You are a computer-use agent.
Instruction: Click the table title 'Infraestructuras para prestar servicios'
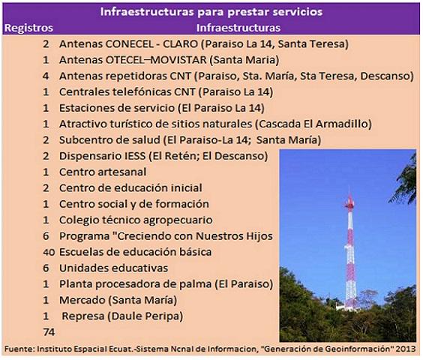(211, 12)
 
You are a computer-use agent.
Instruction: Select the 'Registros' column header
(28, 28)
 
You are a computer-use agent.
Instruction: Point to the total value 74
(50, 331)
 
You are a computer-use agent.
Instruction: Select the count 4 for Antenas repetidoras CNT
(46, 76)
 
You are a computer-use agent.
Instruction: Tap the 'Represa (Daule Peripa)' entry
(122, 316)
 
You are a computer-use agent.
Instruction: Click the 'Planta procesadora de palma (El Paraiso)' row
(165, 284)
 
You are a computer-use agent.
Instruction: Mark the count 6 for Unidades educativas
(46, 268)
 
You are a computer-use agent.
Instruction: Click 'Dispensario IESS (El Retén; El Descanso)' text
(163, 156)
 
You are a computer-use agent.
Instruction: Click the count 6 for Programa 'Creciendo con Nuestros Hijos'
(46, 236)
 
